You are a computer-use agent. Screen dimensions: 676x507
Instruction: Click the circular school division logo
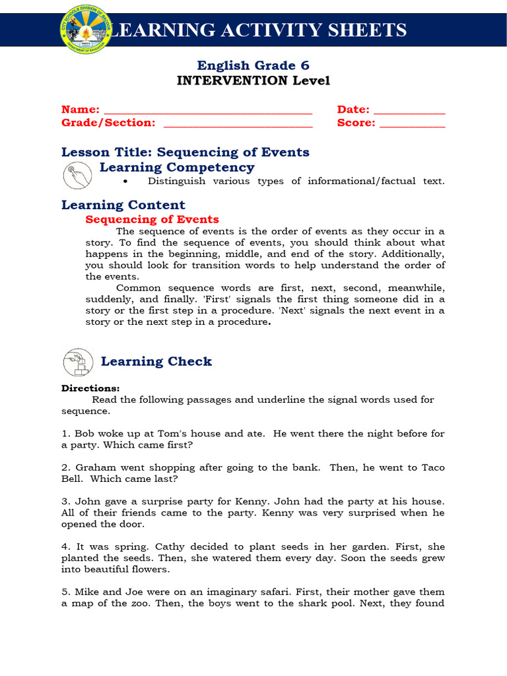click(x=86, y=30)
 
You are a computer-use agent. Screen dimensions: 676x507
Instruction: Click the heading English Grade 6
click(x=253, y=65)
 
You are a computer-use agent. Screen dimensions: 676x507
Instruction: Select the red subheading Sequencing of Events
click(x=152, y=219)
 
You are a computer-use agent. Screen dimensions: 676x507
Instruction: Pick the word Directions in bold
click(x=90, y=389)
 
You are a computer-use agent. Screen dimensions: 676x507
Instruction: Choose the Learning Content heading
click(x=123, y=205)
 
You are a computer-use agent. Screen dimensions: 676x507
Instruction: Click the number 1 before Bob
click(x=64, y=434)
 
